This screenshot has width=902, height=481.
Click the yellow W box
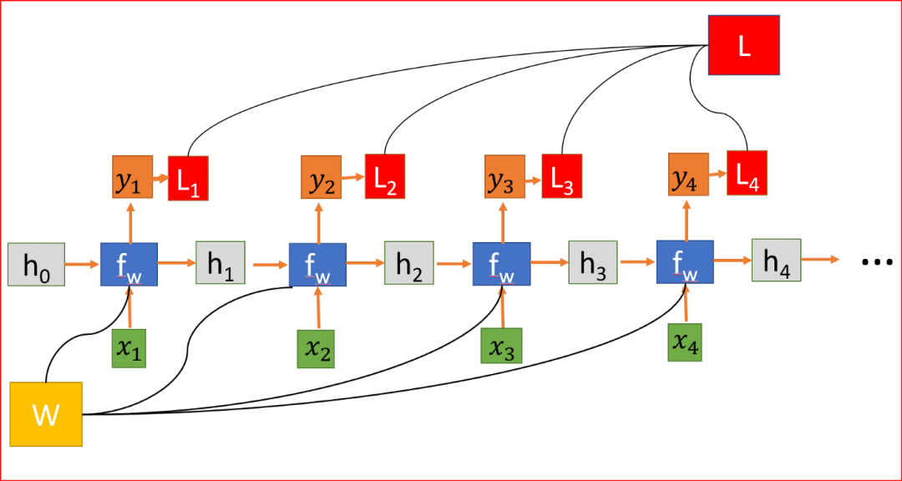pyautogui.click(x=47, y=414)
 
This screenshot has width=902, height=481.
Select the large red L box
pyautogui.click(x=744, y=45)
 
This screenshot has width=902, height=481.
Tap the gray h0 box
pyautogui.click(x=36, y=265)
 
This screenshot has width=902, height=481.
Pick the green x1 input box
pyautogui.click(x=129, y=348)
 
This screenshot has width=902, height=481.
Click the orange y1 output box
pyautogui.click(x=133, y=177)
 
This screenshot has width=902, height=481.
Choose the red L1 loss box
pyautogui.click(x=188, y=179)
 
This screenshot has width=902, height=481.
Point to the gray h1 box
pyautogui.click(x=220, y=262)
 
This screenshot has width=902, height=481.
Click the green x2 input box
pyautogui.click(x=315, y=349)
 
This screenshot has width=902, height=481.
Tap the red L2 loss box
pyautogui.click(x=385, y=176)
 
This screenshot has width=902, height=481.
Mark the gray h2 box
pyautogui.click(x=409, y=263)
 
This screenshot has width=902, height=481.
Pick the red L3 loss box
pyautogui.click(x=562, y=175)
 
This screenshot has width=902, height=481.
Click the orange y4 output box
pyautogui.click(x=688, y=173)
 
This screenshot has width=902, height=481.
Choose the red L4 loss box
pyautogui.click(x=747, y=173)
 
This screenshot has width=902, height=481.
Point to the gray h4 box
pyautogui.click(x=776, y=260)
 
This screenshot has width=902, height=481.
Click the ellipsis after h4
pyautogui.click(x=876, y=262)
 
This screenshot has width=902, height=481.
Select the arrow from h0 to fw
pyautogui.click(x=83, y=265)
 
